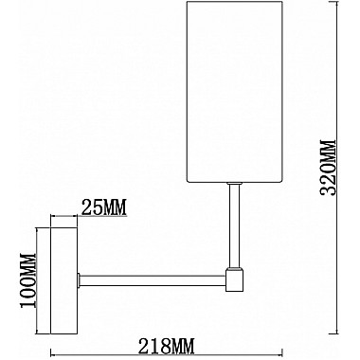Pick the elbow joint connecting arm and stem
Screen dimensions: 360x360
click(233, 279)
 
